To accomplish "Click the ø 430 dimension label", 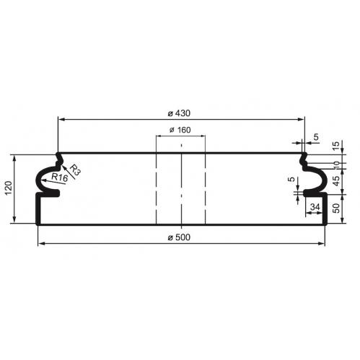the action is click(179, 113).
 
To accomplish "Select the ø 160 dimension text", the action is click(180, 130).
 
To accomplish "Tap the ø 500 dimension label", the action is click(179, 237).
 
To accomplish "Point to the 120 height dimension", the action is click(9, 188).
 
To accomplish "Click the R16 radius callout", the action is click(59, 177).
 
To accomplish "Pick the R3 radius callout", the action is click(75, 170).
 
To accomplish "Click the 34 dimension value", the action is click(315, 207).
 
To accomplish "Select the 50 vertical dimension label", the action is click(337, 208).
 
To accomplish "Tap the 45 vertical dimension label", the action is click(337, 181).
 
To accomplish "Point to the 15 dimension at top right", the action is click(337, 145).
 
